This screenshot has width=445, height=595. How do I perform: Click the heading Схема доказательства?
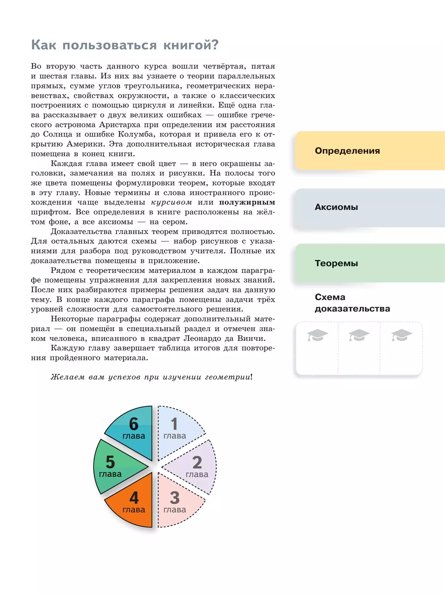[352, 303]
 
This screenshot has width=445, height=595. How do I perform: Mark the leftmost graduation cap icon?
[317, 335]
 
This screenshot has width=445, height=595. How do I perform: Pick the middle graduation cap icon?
[359, 335]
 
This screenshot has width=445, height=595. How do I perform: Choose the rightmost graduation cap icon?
[402, 335]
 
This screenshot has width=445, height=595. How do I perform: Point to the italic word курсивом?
[171, 203]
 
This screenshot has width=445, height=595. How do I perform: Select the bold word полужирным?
[247, 203]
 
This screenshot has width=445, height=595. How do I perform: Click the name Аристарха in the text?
[119, 125]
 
